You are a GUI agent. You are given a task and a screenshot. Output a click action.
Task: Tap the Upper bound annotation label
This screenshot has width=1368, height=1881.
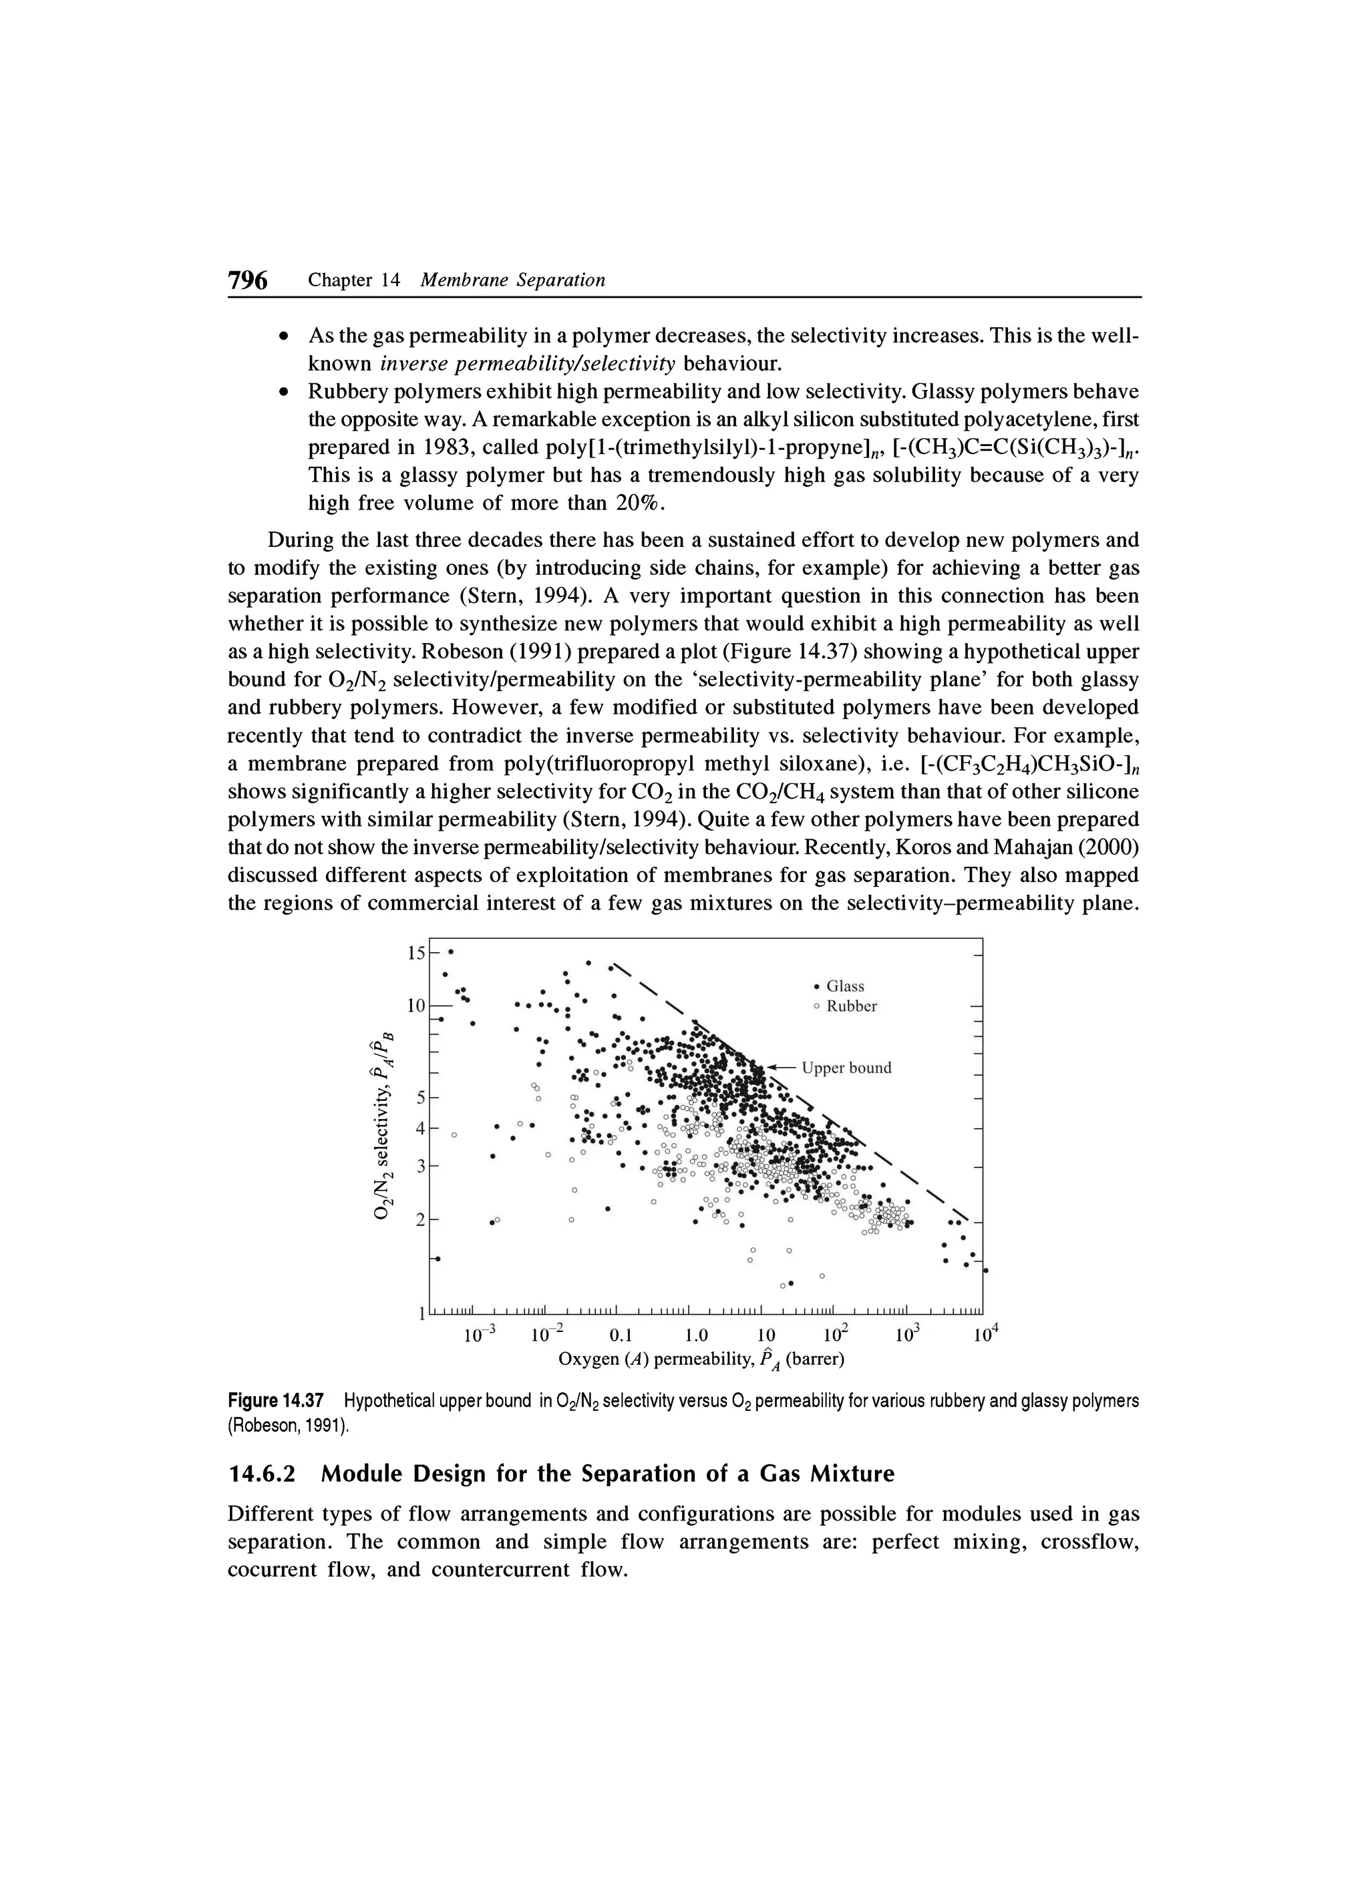pyautogui.click(x=846, y=1068)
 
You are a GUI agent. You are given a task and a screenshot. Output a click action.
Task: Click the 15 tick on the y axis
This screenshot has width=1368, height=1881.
pyautogui.click(x=415, y=953)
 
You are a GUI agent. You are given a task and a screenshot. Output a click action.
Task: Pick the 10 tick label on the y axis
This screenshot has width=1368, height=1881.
pyautogui.click(x=415, y=1005)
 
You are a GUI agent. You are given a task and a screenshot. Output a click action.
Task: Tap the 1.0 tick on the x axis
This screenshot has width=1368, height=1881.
pyautogui.click(x=696, y=1336)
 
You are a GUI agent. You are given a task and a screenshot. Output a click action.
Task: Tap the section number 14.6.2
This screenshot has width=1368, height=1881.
pyautogui.click(x=265, y=1474)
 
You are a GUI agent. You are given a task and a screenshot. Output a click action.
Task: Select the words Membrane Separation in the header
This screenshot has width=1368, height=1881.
pyautogui.click(x=513, y=280)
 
